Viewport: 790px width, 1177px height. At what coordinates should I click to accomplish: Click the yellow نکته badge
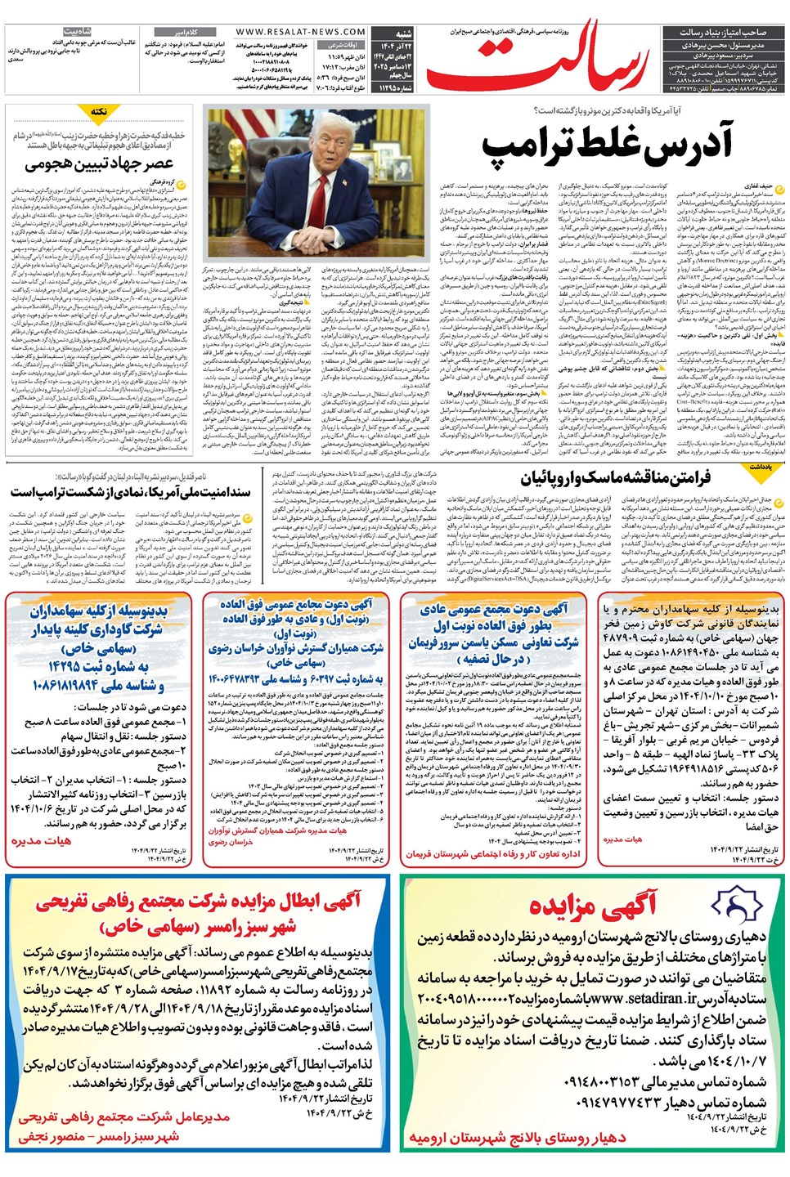pyautogui.click(x=98, y=111)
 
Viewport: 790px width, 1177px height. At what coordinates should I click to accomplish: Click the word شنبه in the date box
pyautogui.click(x=403, y=34)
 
